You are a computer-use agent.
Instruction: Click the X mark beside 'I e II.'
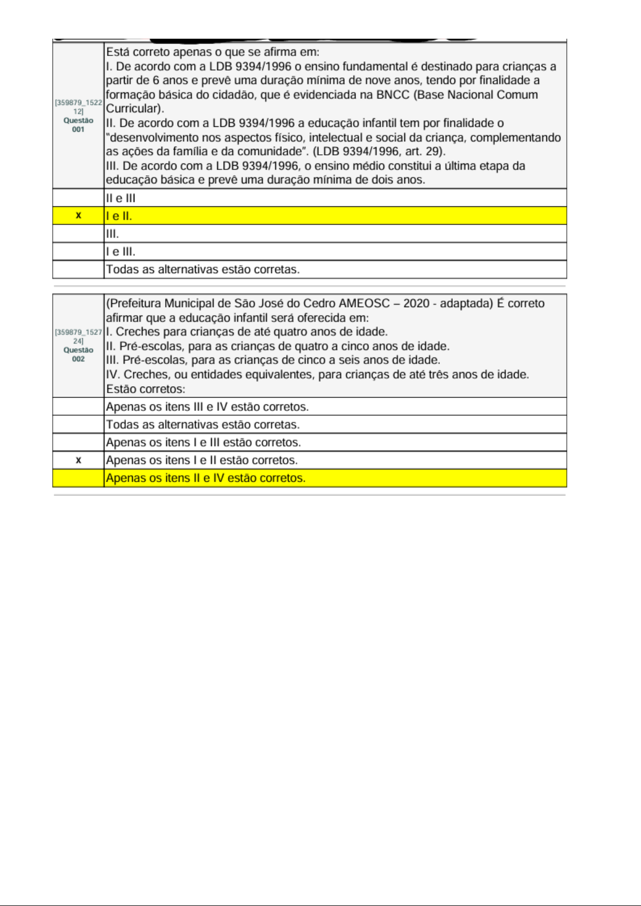coord(79,216)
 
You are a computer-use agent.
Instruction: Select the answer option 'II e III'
coord(120,198)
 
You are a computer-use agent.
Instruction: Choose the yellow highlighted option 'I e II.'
coord(119,216)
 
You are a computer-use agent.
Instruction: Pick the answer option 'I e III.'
coord(120,252)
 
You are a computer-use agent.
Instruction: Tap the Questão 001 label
coord(79,125)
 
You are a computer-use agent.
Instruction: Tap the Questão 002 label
coord(79,354)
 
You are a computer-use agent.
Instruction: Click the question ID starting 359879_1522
coord(79,106)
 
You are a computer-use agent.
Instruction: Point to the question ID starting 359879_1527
coord(79,336)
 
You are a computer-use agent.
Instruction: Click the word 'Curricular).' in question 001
coord(135,109)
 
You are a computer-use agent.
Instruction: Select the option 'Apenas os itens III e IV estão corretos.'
coord(207,406)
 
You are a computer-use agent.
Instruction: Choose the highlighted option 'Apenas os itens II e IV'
coord(205,478)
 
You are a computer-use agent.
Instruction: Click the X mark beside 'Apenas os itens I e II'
coord(79,460)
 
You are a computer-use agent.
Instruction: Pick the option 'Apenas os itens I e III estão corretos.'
coord(203,443)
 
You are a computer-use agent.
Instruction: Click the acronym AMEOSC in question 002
coord(364,303)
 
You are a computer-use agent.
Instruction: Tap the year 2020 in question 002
coord(416,303)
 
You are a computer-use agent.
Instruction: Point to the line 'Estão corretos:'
coord(145,389)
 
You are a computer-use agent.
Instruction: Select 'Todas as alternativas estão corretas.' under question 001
coord(203,269)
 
